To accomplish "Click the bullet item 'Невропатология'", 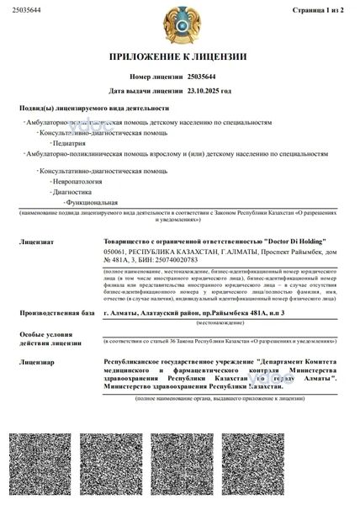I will tap(77, 180).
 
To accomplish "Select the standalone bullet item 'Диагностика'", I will tap(72, 191).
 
